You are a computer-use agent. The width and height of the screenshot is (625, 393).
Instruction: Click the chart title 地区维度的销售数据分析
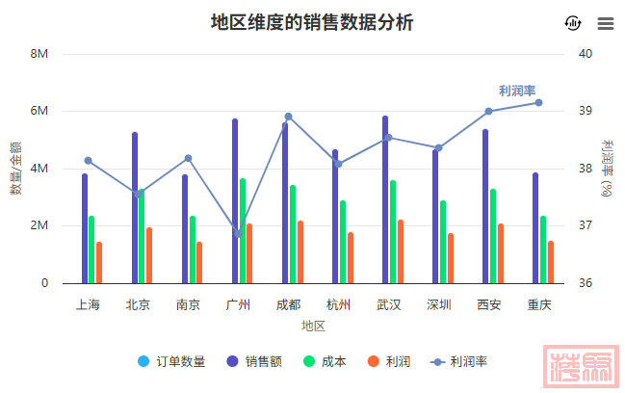click(x=312, y=22)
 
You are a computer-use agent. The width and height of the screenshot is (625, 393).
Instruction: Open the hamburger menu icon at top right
click(x=605, y=24)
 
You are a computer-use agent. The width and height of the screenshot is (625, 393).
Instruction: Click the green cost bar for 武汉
click(x=393, y=231)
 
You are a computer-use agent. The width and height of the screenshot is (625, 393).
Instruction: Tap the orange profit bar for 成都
click(x=300, y=252)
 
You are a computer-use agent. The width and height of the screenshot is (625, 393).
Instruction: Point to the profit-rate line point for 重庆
click(x=538, y=102)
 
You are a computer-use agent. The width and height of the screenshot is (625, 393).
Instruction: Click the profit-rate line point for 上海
click(x=88, y=161)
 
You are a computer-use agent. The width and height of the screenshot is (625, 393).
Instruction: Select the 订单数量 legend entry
click(x=170, y=361)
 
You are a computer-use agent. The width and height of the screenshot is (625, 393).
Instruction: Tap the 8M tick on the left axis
click(x=39, y=54)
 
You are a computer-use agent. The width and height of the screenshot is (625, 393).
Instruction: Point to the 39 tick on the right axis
click(x=585, y=111)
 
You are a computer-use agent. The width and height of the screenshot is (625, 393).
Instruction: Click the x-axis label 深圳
click(x=438, y=305)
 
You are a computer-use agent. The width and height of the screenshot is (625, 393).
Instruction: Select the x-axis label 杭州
click(x=338, y=305)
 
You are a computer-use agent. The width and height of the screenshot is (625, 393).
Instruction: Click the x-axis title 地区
click(x=313, y=326)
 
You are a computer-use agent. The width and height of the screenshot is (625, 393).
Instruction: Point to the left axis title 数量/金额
click(x=16, y=169)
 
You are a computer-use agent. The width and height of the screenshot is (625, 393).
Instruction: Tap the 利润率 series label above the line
click(x=517, y=90)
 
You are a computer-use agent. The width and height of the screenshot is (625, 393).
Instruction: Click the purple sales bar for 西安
click(x=485, y=206)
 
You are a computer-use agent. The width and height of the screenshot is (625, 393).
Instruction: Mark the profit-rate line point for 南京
click(x=188, y=158)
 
